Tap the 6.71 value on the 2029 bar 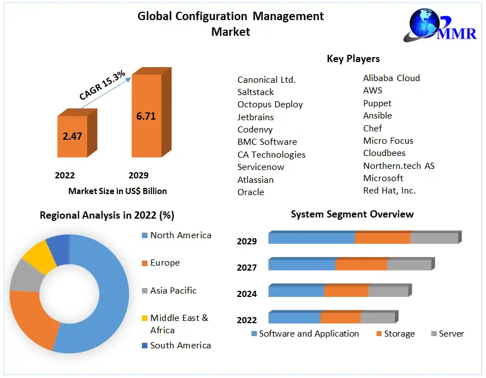pyautogui.click(x=146, y=116)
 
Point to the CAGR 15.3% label pyautogui.click(x=102, y=86)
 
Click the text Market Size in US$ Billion pyautogui.click(x=117, y=191)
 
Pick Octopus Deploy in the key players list pyautogui.click(x=270, y=105)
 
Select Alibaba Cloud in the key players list pyautogui.click(x=391, y=78)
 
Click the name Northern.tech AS pyautogui.click(x=398, y=166)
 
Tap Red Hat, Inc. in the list pyautogui.click(x=389, y=191)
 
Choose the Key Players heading pyautogui.click(x=353, y=59)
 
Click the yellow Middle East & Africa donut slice pyautogui.click(x=39, y=255)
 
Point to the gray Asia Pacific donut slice pyautogui.click(x=24, y=276)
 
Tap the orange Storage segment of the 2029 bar pyautogui.click(x=382, y=238)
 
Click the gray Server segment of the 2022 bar pyautogui.click(x=377, y=318)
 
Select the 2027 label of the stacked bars pyautogui.click(x=247, y=268)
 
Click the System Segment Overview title pyautogui.click(x=352, y=214)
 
